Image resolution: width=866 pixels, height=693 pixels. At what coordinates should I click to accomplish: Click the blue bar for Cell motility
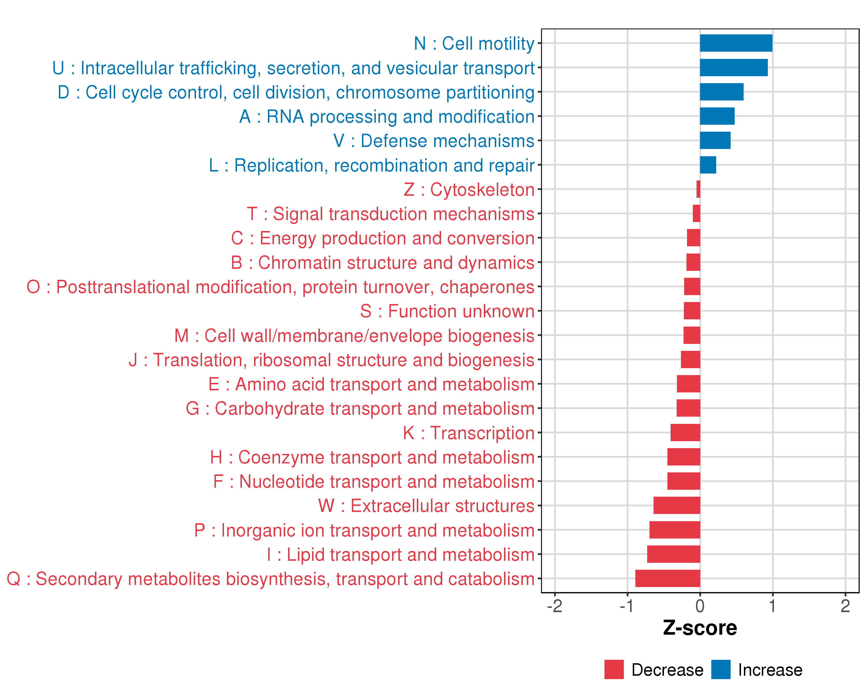coord(736,43)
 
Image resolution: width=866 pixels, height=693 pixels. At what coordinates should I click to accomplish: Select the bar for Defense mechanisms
coord(715,141)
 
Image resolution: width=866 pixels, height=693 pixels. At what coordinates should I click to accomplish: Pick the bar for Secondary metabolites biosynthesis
coord(668,578)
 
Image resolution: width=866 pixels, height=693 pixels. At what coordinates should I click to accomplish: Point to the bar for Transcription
coord(685,433)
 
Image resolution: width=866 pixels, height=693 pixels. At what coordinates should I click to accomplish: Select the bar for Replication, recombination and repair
coord(708,165)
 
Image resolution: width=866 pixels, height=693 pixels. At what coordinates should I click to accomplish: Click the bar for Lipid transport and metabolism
coord(673,554)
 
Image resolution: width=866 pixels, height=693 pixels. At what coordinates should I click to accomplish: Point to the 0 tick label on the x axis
coord(700,606)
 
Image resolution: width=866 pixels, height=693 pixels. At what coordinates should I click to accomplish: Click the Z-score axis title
coord(700,628)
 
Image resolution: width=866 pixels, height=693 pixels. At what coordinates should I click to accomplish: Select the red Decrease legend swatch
coord(614,669)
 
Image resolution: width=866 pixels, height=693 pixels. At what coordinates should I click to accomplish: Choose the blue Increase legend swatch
coord(721,669)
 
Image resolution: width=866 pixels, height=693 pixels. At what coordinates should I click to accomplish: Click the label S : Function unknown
coord(447,311)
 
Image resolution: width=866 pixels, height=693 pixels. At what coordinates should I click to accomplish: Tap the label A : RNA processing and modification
coord(387,116)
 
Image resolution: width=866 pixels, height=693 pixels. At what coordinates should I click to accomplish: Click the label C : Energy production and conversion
coord(382,238)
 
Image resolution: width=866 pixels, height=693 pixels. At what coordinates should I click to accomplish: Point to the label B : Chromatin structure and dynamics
coord(382,263)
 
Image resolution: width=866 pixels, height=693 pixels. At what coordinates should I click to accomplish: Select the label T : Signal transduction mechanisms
coord(391,214)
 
